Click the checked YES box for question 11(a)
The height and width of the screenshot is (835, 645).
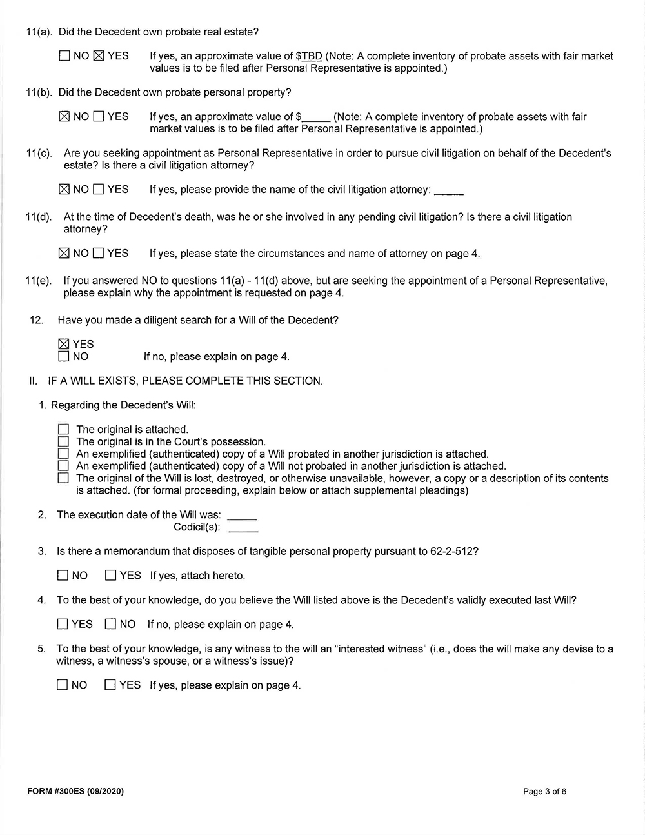[x=99, y=56]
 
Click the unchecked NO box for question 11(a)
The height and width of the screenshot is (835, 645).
[x=64, y=56]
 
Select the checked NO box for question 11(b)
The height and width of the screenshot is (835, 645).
[x=64, y=117]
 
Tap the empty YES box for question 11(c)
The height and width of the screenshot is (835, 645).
[x=99, y=190]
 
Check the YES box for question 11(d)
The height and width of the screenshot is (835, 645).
[x=99, y=254]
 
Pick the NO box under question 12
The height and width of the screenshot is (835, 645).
[x=64, y=356]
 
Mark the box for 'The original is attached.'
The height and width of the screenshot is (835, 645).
[x=63, y=430]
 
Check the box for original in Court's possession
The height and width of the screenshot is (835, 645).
[x=63, y=442]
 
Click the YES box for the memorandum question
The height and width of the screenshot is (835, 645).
[x=110, y=576]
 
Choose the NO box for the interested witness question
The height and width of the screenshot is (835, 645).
[x=63, y=685]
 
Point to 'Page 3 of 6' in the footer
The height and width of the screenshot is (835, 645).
[x=544, y=792]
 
